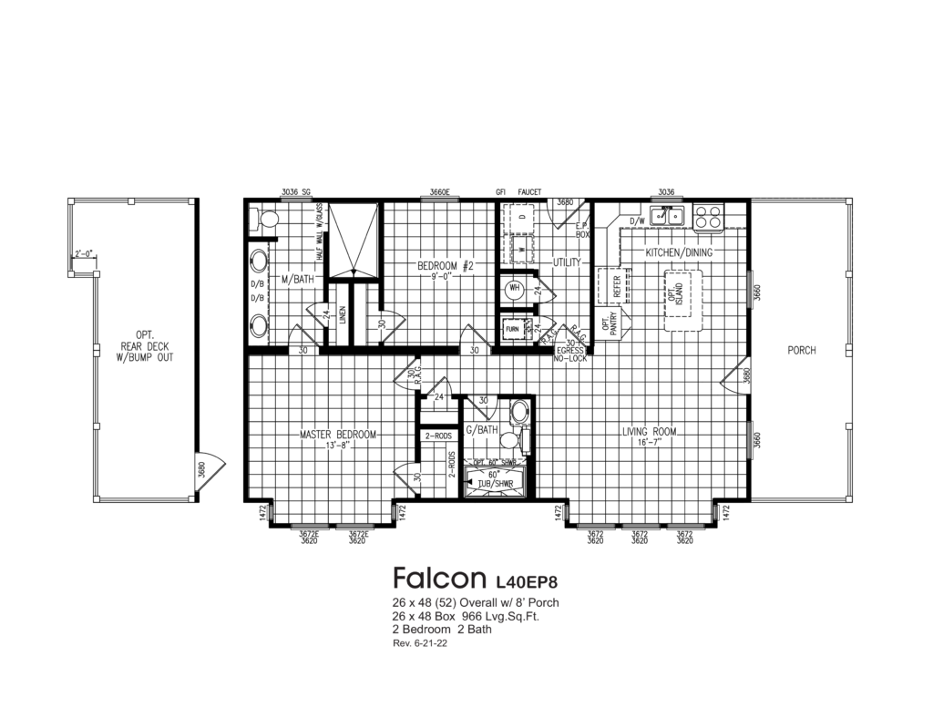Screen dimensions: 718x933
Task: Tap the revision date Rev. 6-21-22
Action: pos(420,643)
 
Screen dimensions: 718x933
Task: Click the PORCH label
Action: pos(802,351)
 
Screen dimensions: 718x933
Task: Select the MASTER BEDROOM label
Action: pos(338,435)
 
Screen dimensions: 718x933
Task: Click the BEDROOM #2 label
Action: pos(446,266)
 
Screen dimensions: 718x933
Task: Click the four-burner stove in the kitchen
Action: pos(708,217)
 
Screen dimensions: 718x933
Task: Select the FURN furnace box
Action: pos(512,328)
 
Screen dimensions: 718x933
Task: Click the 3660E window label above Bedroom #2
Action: pos(440,192)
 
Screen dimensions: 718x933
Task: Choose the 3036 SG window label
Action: pos(296,192)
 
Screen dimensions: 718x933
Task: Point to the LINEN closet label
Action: pos(343,315)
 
